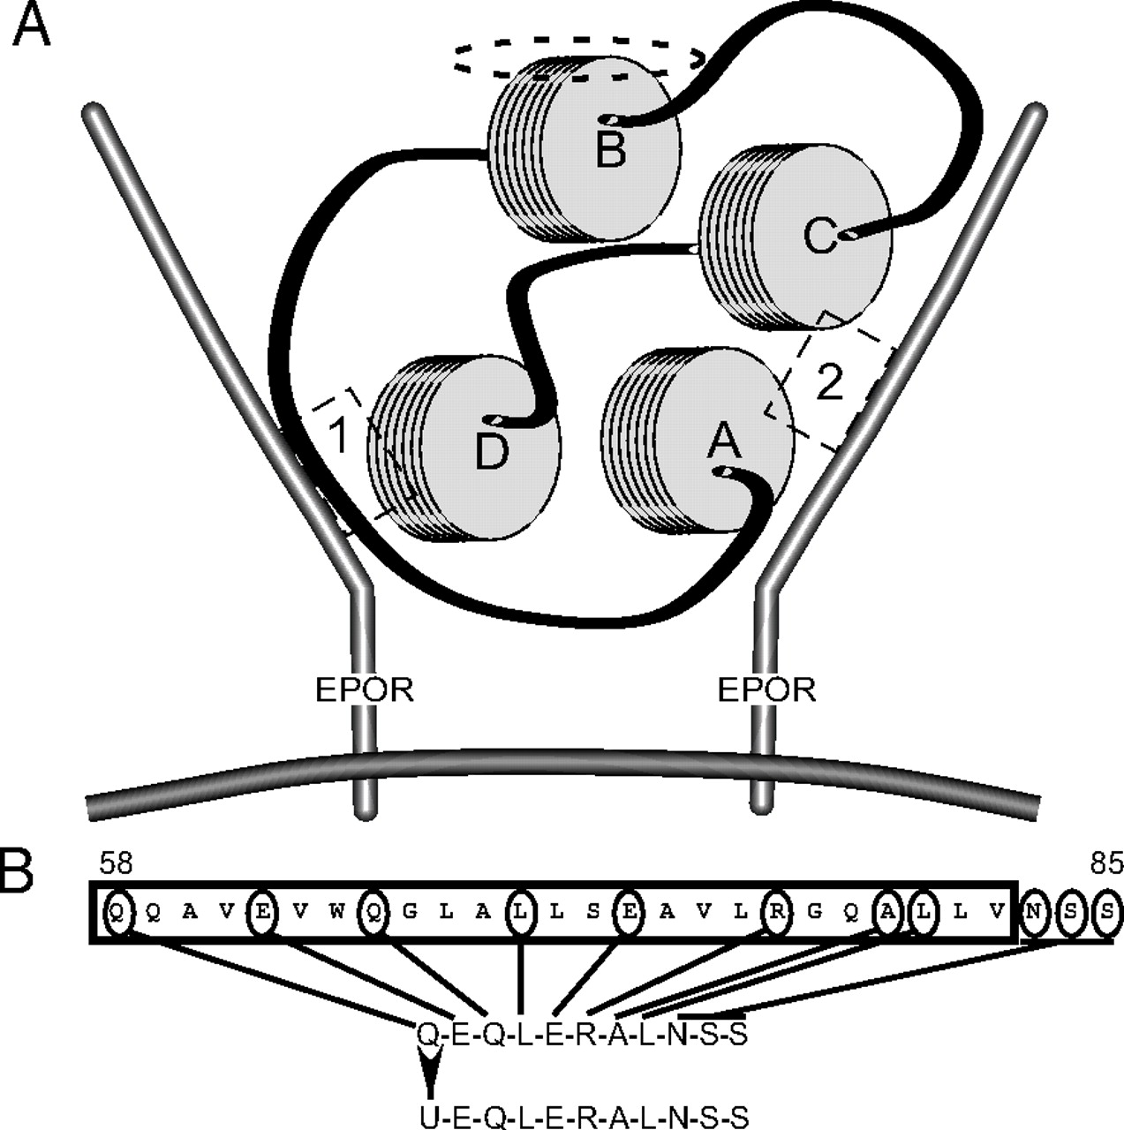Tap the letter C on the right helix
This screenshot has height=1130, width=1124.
820,237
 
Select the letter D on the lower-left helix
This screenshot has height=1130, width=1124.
492,454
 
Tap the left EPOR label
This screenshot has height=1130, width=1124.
365,689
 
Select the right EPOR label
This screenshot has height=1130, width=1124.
766,689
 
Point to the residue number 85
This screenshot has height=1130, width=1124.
1105,864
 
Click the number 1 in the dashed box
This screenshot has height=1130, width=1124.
336,436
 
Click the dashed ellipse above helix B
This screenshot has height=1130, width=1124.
578,59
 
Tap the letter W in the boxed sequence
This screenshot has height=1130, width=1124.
336,914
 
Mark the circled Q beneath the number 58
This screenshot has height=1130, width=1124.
118,914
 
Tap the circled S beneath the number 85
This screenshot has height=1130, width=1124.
1107,914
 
